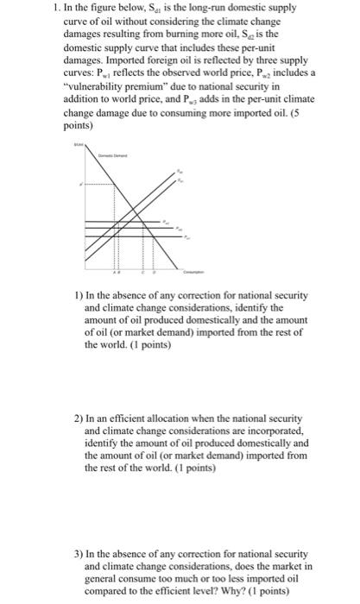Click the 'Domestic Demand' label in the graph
click(x=111, y=155)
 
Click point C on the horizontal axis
click(x=143, y=273)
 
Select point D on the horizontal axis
click(x=154, y=273)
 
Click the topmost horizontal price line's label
click(x=166, y=222)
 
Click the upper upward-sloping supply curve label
click(x=180, y=171)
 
